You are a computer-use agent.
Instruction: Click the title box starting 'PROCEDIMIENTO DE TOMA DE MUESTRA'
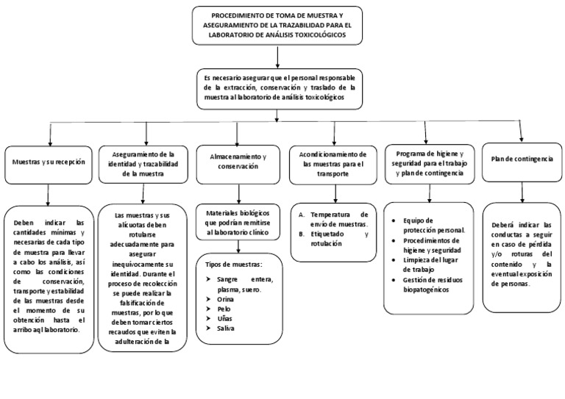(x=277, y=25)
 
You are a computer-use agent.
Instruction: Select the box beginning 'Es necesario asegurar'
(x=278, y=87)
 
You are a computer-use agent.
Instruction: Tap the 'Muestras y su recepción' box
(x=49, y=161)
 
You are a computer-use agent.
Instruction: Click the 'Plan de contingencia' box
(x=522, y=159)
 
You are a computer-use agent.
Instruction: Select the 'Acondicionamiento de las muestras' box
(x=333, y=164)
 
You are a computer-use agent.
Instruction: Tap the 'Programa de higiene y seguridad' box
(x=429, y=163)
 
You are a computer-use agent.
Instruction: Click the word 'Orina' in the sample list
(x=225, y=299)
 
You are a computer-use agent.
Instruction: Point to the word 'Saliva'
(x=226, y=328)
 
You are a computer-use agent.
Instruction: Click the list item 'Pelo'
(x=224, y=309)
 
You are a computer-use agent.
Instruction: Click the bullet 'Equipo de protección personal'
(x=433, y=225)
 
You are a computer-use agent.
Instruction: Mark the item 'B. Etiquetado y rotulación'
(x=333, y=238)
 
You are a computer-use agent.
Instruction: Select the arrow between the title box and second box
(x=277, y=56)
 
